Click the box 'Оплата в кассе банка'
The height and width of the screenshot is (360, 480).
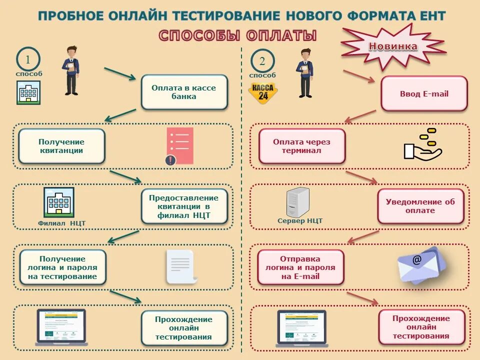tap(184, 92)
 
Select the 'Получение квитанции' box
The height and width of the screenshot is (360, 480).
tap(61, 146)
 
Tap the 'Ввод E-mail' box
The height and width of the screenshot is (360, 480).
tap(424, 93)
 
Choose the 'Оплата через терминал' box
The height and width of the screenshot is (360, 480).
tap(301, 146)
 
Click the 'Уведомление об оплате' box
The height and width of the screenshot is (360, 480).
tap(420, 206)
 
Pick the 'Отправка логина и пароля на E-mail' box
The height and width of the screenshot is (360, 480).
tap(300, 267)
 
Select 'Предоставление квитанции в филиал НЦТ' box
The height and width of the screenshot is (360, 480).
tap(184, 206)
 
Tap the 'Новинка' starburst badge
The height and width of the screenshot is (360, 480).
tap(393, 46)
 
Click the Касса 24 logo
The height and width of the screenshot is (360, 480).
tap(263, 93)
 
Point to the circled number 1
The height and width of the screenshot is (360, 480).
tap(28, 60)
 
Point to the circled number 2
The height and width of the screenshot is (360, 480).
tap(262, 61)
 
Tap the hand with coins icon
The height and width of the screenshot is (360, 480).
tap(422, 144)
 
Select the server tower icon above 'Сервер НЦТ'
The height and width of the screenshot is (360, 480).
tap(298, 201)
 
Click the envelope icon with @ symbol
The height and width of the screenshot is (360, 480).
tap(419, 265)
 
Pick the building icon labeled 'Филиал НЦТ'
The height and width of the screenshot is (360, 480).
tap(59, 202)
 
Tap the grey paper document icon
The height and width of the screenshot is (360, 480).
tap(181, 266)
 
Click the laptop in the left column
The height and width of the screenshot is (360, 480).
tap(61, 327)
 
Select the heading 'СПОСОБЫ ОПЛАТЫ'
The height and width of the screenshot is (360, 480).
tap(237, 35)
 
